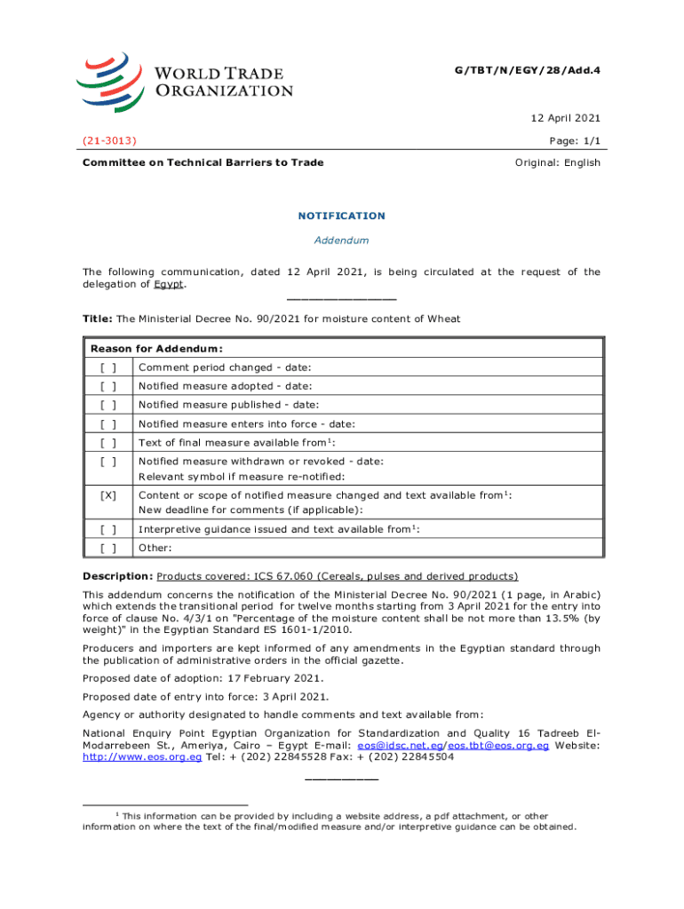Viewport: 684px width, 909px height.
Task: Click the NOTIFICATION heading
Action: coord(341,216)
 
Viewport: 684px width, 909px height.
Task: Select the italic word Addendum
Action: coord(341,241)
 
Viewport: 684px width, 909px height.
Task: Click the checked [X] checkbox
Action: coord(108,495)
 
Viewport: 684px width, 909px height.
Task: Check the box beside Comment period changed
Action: coord(108,367)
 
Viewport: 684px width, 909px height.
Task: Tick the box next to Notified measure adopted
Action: coord(108,385)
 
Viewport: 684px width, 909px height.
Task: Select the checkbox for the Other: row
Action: coord(108,548)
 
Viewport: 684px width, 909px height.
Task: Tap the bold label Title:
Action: coord(97,319)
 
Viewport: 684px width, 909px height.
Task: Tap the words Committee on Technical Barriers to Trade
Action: coord(203,162)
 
